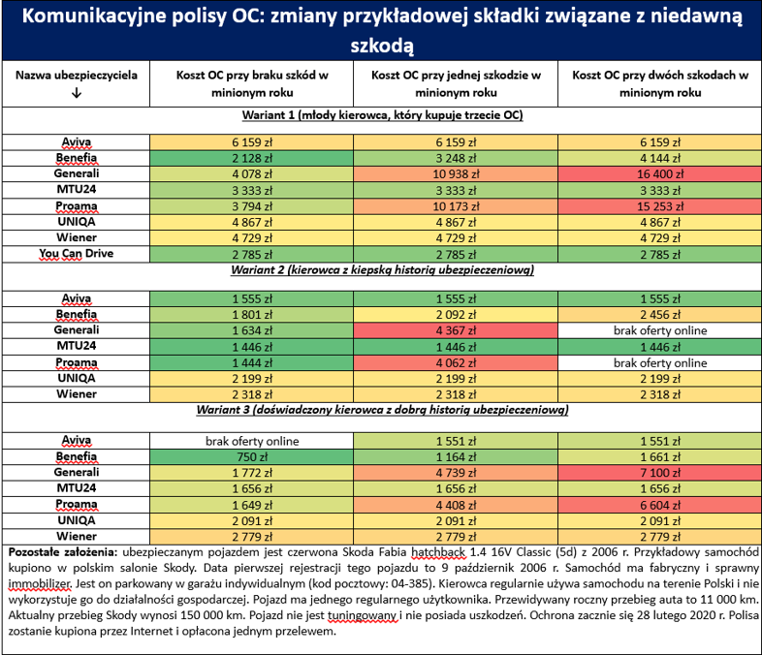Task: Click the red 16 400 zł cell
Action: (x=660, y=173)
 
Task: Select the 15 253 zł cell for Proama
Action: (x=660, y=206)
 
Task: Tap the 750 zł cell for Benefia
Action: (x=252, y=457)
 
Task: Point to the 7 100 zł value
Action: (x=660, y=473)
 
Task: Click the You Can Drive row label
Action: (x=77, y=254)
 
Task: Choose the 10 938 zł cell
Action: (x=456, y=173)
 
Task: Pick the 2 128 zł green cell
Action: (x=252, y=158)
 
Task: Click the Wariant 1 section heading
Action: (x=383, y=115)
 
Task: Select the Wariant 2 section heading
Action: (x=383, y=270)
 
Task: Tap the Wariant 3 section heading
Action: (x=383, y=410)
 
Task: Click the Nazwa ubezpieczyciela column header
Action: (x=77, y=76)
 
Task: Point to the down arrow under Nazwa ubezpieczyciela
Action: (x=77, y=93)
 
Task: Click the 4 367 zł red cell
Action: (x=456, y=330)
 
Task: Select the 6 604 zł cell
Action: (x=660, y=505)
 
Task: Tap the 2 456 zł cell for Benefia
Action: (x=660, y=315)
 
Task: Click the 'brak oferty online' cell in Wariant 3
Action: (x=252, y=441)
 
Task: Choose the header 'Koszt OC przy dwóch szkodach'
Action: (x=660, y=83)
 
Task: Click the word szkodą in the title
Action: (x=382, y=47)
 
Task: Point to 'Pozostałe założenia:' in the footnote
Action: (x=63, y=552)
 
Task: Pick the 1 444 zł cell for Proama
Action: (x=252, y=362)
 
